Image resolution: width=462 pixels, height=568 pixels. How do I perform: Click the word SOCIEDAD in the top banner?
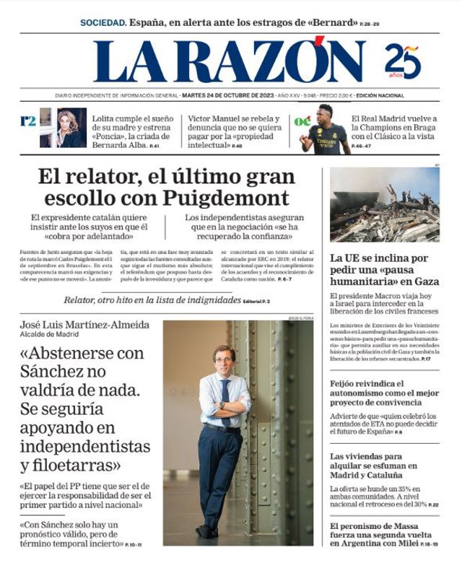103,22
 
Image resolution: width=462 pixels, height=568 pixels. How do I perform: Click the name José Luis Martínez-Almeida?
84,325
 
